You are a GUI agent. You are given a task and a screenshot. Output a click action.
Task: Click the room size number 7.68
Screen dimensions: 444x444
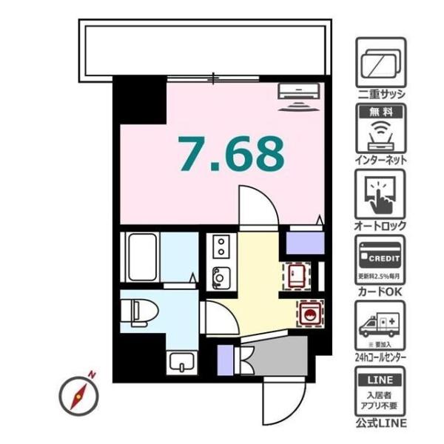[231, 154]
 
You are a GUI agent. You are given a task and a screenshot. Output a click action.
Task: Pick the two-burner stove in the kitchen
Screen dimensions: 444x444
[221, 245]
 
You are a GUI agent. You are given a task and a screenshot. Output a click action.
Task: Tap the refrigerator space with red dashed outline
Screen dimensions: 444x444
[297, 276]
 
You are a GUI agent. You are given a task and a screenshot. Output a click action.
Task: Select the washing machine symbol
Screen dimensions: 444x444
[309, 312]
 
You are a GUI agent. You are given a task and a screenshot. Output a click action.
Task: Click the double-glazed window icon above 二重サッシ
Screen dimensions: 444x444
[380, 63]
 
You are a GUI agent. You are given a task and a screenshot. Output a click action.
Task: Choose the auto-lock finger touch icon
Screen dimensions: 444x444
[380, 193]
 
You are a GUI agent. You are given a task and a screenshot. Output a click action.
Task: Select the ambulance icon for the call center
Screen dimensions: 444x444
[380, 325]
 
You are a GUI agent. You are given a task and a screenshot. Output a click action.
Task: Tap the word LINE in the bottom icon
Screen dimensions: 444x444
[380, 380]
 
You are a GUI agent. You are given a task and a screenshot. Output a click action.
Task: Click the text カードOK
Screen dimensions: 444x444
[380, 291]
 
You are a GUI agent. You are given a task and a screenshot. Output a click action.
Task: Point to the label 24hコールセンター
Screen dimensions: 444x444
[380, 357]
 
